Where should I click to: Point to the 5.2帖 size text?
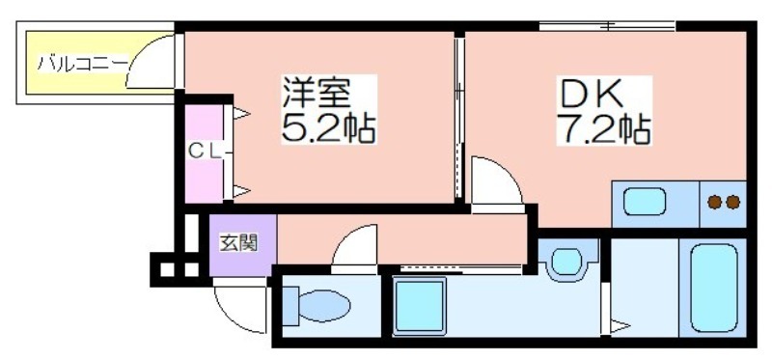coord(328,128)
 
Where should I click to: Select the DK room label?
coord(590,94)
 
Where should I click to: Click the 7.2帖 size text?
coord(604,129)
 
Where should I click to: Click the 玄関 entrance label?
coord(238,243)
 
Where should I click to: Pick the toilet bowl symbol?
coord(317,306)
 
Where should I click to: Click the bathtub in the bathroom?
coord(713,289)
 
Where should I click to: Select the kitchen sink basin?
coord(645,202)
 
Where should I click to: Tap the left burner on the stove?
coord(714,202)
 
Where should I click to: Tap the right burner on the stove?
coord(732,202)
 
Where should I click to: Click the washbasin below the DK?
coord(566,261)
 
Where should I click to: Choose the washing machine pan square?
coord(420,305)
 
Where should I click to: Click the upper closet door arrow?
coord(241,114)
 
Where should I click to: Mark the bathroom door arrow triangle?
coord(620,325)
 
